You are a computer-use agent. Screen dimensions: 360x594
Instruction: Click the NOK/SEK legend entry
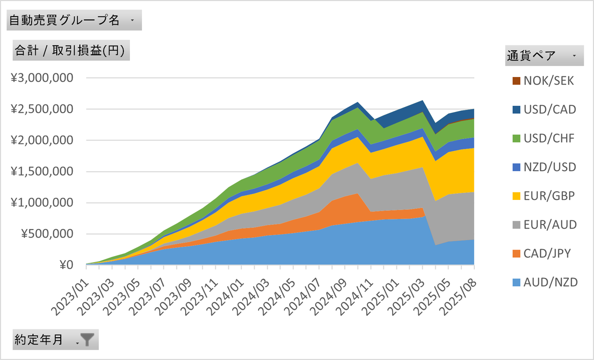pyautogui.click(x=543, y=81)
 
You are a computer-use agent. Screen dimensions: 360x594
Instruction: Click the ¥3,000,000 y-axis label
pyautogui.click(x=42, y=78)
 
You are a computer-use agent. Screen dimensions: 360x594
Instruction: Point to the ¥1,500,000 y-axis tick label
pyautogui.click(x=42, y=172)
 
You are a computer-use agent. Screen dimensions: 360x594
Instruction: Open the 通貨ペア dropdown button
pyautogui.click(x=575, y=56)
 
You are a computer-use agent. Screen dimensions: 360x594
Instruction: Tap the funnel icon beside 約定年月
pyautogui.click(x=87, y=340)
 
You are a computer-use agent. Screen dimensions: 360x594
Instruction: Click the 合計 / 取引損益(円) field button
pyautogui.click(x=70, y=51)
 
